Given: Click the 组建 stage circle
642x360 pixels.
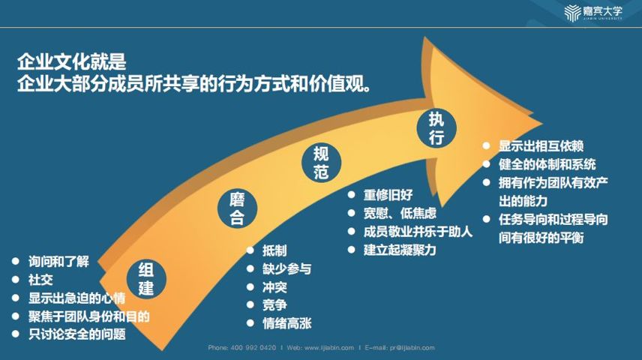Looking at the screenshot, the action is (146, 279).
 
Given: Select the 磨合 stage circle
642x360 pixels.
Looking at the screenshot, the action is (237, 208).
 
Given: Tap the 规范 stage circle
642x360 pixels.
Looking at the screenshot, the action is (322, 163).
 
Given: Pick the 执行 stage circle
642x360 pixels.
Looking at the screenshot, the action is (436, 128).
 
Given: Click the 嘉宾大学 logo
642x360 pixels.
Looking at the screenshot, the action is (593, 12).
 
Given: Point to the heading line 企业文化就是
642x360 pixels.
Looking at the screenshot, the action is (72, 61).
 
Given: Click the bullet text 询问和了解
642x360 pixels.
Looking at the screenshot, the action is (58, 261).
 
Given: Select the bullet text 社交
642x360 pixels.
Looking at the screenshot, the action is (40, 280).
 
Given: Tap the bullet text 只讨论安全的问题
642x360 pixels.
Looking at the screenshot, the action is (77, 334).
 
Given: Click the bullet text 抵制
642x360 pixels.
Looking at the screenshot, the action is (274, 250).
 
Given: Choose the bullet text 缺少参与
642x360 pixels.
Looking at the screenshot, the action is (286, 268).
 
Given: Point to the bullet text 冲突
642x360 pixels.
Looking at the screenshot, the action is (274, 287).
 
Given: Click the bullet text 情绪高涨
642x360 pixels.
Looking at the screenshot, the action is (286, 323).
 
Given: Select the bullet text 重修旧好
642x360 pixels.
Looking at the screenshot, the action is (388, 195).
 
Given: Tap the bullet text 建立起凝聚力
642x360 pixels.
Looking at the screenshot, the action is (400, 250).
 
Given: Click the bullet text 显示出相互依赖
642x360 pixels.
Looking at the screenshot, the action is (541, 145).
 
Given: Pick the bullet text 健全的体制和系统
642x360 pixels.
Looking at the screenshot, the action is (547, 164).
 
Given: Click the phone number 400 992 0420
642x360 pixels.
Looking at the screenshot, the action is (253, 348).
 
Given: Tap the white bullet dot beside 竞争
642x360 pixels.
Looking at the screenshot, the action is (250, 304).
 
